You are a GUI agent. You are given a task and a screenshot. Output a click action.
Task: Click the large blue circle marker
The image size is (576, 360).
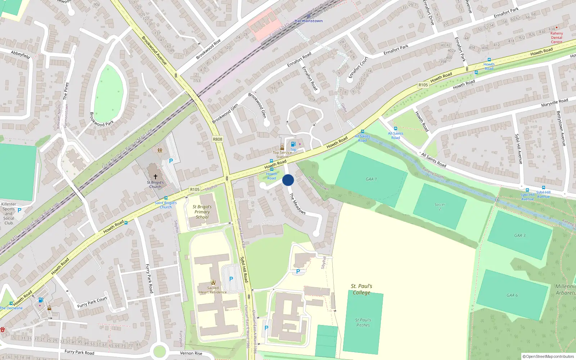tap(288, 180)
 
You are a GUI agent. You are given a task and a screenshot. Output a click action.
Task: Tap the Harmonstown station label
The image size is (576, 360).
tap(309, 21)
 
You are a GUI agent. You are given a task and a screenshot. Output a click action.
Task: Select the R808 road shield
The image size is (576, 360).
tap(217, 139)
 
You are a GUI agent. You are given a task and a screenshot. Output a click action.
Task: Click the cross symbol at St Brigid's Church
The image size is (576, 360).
tap(156, 177)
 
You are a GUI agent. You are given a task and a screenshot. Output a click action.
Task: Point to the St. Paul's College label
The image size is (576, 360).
tap(361, 289)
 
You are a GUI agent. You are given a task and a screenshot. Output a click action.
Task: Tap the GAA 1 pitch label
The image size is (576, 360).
tap(371, 179)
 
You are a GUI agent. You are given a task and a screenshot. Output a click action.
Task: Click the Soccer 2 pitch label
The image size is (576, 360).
tap(440, 207)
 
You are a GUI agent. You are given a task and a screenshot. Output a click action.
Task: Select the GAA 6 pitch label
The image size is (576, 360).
tap(512, 295)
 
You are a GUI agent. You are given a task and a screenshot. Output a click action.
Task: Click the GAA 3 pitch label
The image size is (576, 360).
tap(519, 235)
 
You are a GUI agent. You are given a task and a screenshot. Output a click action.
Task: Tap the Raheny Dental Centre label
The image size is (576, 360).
tap(557, 37)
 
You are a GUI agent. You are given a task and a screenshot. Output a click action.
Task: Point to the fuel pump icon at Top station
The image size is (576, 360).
tap(293, 144)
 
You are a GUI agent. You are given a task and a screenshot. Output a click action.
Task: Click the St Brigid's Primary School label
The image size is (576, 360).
tap(202, 212)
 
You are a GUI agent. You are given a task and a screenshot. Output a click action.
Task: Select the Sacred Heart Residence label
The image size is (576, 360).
tap(213, 290)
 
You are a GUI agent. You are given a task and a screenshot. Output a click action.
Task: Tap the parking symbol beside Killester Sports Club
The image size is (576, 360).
tap(19, 210)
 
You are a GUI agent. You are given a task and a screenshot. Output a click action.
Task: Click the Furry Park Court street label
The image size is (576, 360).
tap(92, 302)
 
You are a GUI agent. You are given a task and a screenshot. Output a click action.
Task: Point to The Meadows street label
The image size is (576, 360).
tap(297, 204)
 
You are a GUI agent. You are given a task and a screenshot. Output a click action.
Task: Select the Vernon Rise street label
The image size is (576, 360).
tap(191, 353)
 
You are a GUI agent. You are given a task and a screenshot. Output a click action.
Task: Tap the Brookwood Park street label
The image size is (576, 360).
tap(102, 119)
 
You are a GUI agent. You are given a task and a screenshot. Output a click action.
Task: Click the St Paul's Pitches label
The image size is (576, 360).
tap(363, 323)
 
